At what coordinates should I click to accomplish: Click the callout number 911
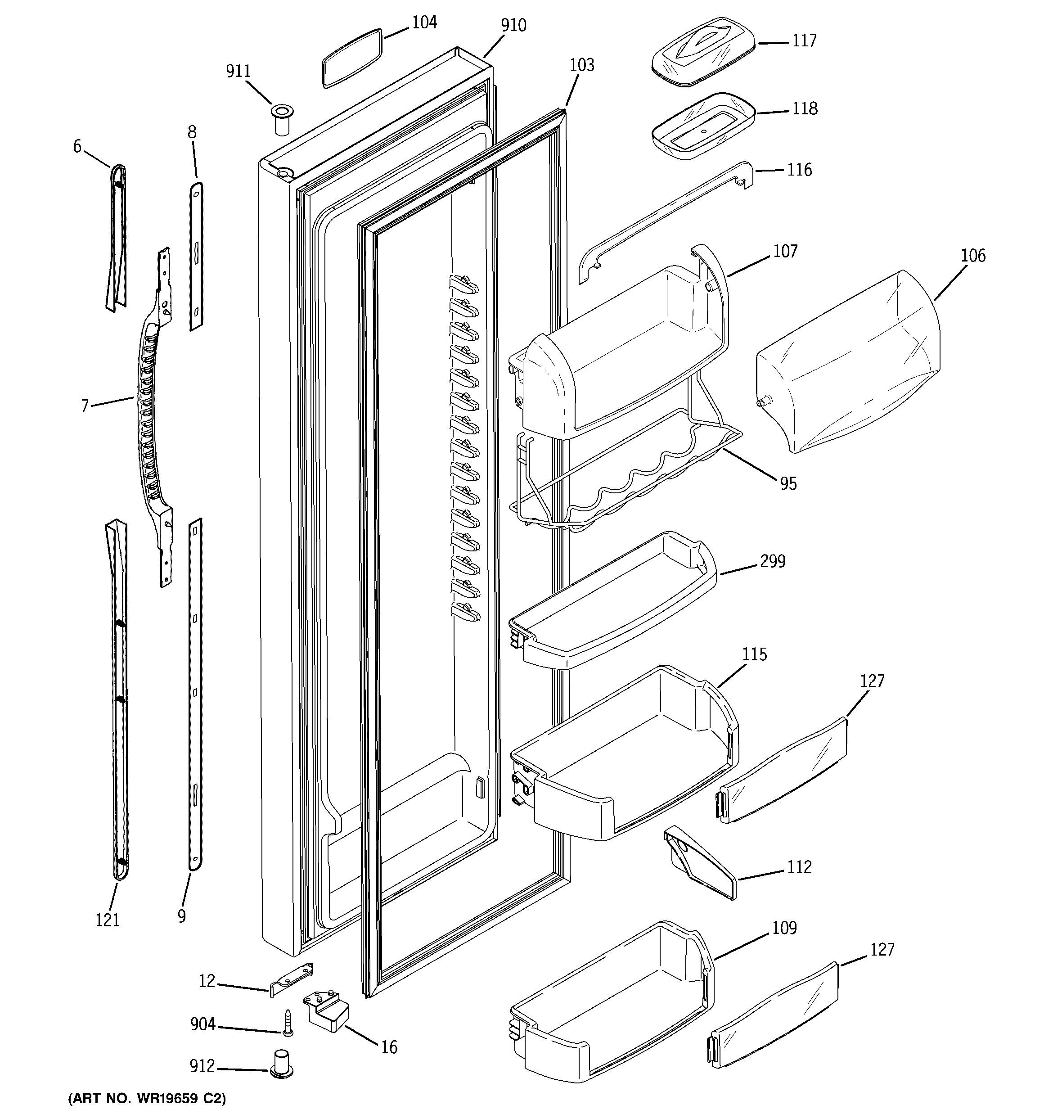pyautogui.click(x=238, y=72)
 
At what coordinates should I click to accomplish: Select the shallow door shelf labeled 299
pyautogui.click(x=614, y=602)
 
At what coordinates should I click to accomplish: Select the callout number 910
pyautogui.click(x=513, y=25)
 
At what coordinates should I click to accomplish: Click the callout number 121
pyautogui.click(x=108, y=920)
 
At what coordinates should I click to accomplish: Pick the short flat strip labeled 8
pyautogui.click(x=196, y=255)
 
